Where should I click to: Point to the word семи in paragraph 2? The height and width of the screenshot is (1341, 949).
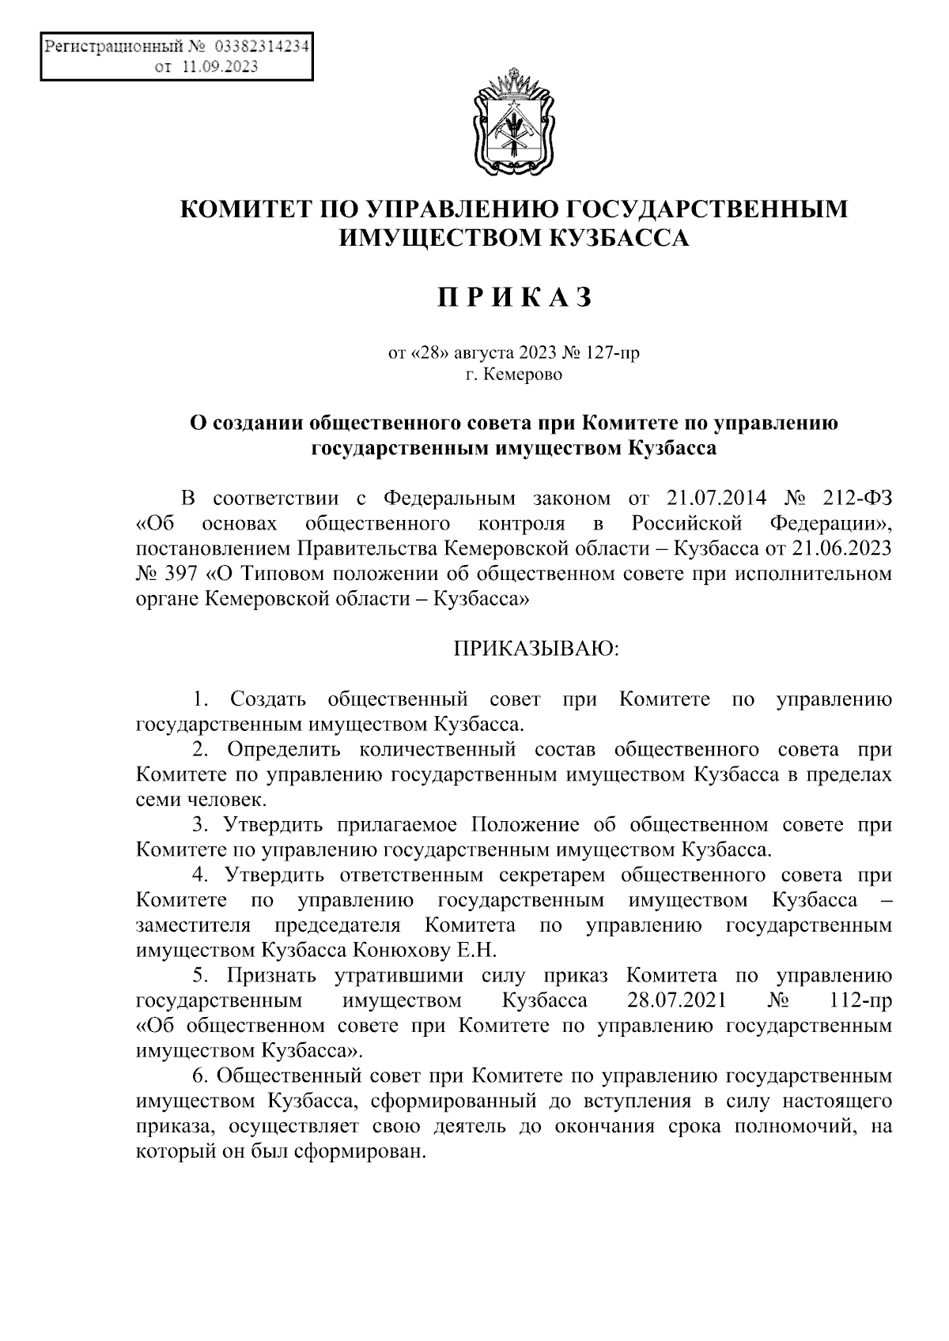tap(156, 799)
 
